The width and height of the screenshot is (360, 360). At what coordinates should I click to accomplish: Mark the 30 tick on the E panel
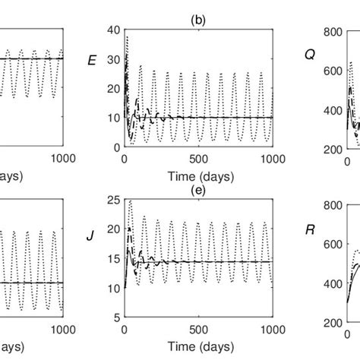(113, 62)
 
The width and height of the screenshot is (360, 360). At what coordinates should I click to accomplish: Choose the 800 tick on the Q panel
(331, 32)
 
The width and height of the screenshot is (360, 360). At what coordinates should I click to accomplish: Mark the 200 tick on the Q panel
(331, 150)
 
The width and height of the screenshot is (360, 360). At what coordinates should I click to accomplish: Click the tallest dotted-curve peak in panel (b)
(128, 36)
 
